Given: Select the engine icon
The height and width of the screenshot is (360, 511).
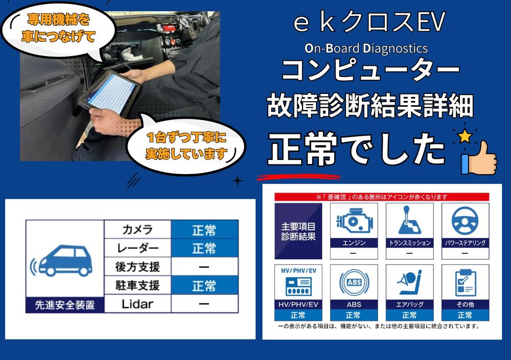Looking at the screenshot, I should click(x=353, y=220).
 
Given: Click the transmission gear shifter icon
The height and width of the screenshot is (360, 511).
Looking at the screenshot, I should click(x=409, y=220).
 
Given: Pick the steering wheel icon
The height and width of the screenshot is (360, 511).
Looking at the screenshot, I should click(x=464, y=220).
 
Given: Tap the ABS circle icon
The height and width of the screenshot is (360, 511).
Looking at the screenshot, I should click(x=353, y=282).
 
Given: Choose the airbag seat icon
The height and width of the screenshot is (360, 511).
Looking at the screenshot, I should click(x=409, y=282).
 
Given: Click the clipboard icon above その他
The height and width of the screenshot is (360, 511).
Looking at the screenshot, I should click(x=464, y=282).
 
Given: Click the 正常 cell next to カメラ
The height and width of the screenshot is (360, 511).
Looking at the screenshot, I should click(x=204, y=230).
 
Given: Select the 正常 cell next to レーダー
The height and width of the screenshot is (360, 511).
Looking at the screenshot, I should click(x=204, y=248).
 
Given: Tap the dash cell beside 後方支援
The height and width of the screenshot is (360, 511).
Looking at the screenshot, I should click(x=204, y=267).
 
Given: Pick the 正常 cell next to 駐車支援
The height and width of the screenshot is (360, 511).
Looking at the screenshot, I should click(x=204, y=285).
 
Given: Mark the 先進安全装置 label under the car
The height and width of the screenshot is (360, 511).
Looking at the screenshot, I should click(x=64, y=305).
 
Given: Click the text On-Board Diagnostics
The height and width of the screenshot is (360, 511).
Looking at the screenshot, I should click(x=366, y=48).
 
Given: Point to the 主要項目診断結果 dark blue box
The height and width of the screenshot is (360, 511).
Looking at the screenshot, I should click(x=298, y=231).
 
